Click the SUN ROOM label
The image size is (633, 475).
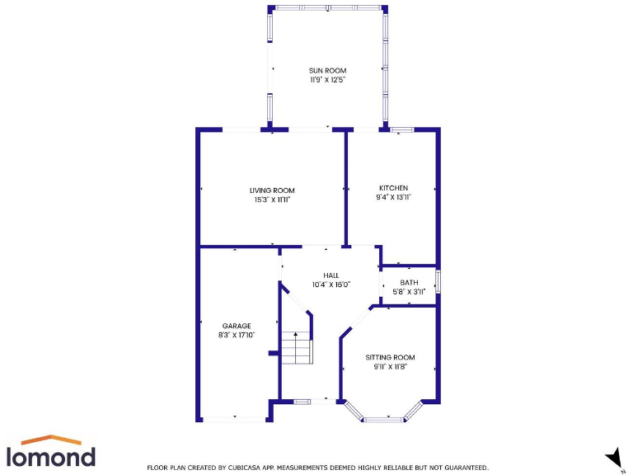click(x=327, y=71)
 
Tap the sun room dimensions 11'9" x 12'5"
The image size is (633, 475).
click(x=327, y=80)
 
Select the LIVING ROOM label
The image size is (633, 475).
click(x=272, y=190)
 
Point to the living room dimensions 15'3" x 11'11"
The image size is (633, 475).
click(x=272, y=200)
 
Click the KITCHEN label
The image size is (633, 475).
click(x=393, y=188)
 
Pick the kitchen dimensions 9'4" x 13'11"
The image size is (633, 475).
click(x=393, y=197)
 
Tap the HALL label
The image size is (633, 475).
click(x=331, y=275)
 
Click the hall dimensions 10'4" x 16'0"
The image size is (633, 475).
click(x=331, y=285)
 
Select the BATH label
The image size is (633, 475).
click(x=409, y=282)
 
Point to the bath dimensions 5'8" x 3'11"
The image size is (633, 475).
click(x=409, y=291)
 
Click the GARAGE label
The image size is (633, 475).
click(x=236, y=326)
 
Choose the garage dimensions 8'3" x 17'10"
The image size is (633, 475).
click(x=236, y=335)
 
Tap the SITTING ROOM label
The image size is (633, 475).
click(x=390, y=357)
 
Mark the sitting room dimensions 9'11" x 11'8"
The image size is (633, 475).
click(x=390, y=366)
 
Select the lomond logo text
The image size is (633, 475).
click(x=50, y=456)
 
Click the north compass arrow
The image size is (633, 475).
click(x=613, y=456)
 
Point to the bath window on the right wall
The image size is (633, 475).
click(x=438, y=281)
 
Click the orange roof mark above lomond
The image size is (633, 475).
click(x=50, y=440)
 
